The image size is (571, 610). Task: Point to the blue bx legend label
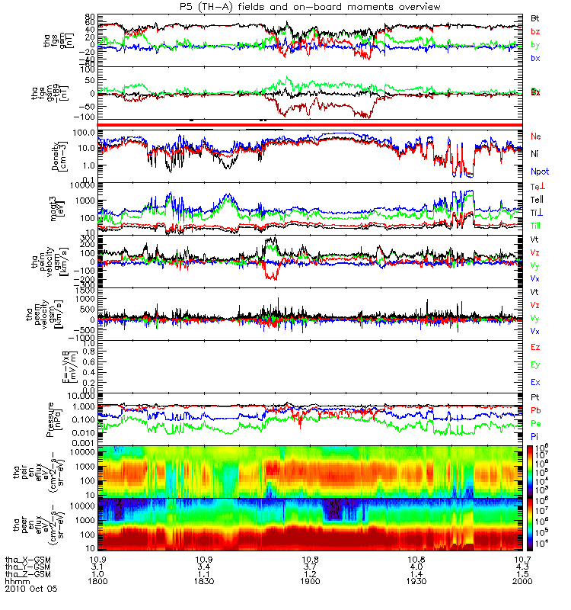pos(535,58)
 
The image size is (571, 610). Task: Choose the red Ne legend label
pos(536,136)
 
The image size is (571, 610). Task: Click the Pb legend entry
pos(536,411)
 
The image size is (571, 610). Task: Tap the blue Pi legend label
pos(535,436)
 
